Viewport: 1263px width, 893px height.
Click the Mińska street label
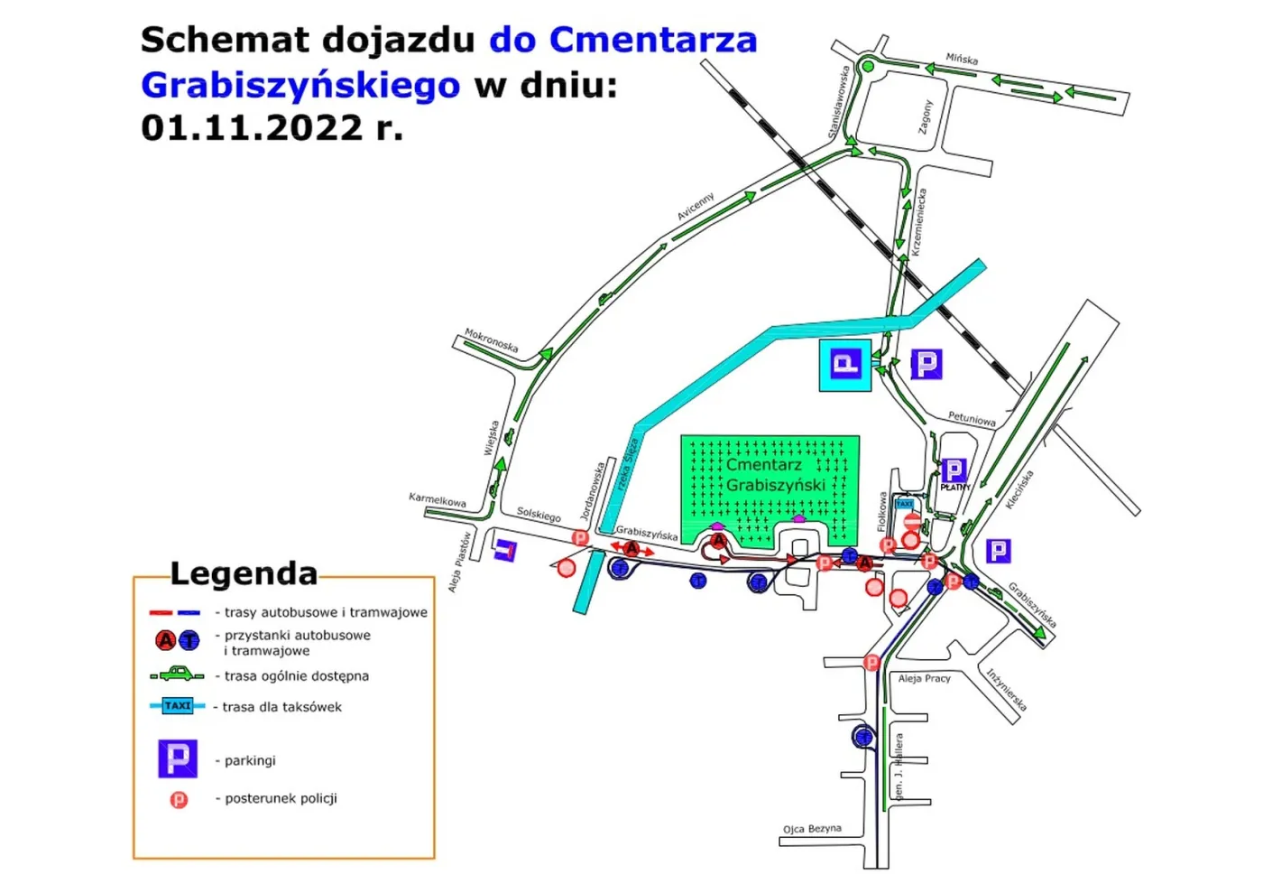[x=962, y=59]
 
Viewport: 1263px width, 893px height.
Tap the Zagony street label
[x=925, y=116]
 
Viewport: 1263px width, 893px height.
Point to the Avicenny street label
[x=696, y=206]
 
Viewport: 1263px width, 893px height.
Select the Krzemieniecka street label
[x=918, y=222]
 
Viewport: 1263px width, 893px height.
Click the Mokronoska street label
[x=492, y=340]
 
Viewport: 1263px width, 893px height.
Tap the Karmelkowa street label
[x=438, y=499]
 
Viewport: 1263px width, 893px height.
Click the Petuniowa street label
[x=972, y=419]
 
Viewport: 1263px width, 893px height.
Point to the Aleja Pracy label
[x=924, y=678]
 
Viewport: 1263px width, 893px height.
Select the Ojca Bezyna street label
[x=812, y=828]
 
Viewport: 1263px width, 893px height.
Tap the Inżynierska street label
[x=1006, y=690]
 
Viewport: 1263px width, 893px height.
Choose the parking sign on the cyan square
[x=845, y=365]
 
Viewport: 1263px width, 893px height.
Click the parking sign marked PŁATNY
[x=954, y=471]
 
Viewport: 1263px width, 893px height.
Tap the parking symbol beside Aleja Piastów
[x=505, y=550]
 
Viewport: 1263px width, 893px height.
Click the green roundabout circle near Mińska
[x=867, y=66]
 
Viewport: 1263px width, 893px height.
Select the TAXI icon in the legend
[x=178, y=706]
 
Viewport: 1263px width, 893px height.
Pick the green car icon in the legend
[x=178, y=674]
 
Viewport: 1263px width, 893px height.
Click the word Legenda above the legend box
[x=244, y=573]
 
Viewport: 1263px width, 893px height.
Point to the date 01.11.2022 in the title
[x=252, y=127]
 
